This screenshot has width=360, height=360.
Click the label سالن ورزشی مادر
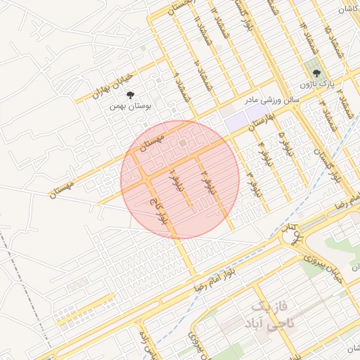[272, 100]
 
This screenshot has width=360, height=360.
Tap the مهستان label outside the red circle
[63, 186]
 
